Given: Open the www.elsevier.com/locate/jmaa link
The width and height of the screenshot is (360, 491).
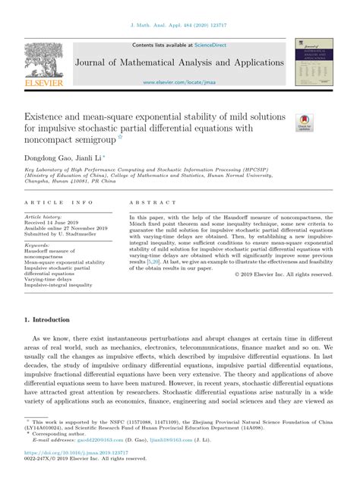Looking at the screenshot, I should click(179, 81).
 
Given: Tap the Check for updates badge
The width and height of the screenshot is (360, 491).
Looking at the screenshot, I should click(304, 122).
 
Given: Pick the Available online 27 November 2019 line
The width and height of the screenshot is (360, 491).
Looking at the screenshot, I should click(66, 230).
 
